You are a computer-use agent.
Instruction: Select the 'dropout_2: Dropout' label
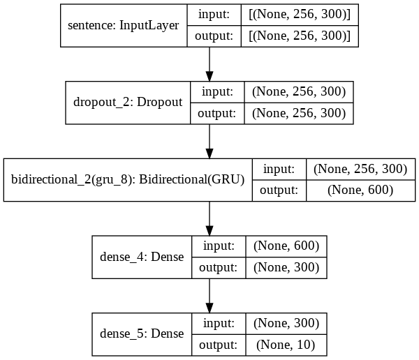click(128, 102)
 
